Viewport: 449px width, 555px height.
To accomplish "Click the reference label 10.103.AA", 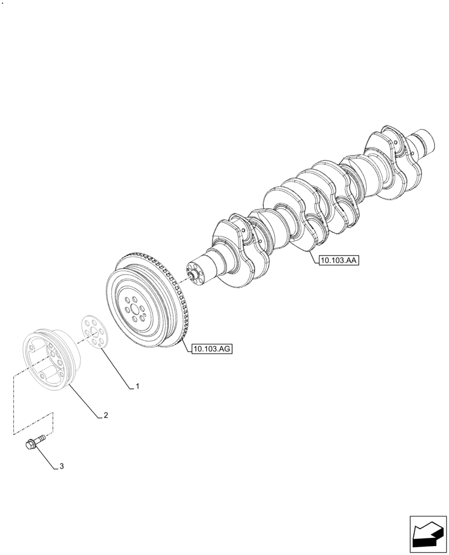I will coord(339,259).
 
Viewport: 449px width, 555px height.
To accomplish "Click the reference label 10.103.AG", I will coord(212,349).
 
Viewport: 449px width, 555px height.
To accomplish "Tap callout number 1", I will coord(137,386).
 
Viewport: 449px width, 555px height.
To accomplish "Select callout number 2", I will coord(104,415).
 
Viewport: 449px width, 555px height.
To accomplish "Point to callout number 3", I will coord(61,466).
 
